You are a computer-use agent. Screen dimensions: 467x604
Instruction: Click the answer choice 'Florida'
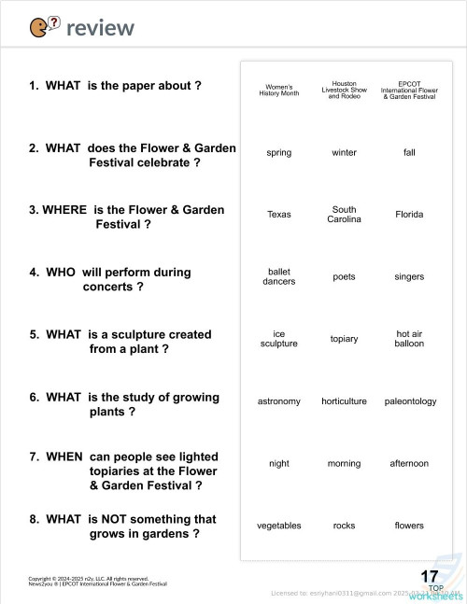tap(409, 215)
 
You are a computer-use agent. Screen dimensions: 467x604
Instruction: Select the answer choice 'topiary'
tap(344, 339)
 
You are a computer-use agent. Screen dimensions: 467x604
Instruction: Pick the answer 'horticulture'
tap(344, 401)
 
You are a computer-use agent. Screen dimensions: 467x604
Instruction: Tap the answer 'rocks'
tap(344, 526)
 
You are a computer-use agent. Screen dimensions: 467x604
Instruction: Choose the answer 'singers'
tap(409, 277)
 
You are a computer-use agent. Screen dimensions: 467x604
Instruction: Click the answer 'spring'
tap(278, 152)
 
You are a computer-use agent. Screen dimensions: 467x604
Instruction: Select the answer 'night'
tap(278, 463)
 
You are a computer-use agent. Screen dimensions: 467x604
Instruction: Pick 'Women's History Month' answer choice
tap(278, 90)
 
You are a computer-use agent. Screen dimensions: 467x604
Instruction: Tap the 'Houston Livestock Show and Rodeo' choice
tap(344, 90)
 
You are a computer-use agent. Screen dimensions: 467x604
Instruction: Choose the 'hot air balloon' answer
tap(409, 339)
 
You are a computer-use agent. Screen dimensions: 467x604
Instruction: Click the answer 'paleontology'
tap(410, 401)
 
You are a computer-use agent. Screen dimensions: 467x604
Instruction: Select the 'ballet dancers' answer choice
tap(278, 276)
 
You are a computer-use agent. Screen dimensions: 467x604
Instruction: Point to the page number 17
tap(430, 576)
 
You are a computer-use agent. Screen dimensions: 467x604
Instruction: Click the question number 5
tap(34, 334)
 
